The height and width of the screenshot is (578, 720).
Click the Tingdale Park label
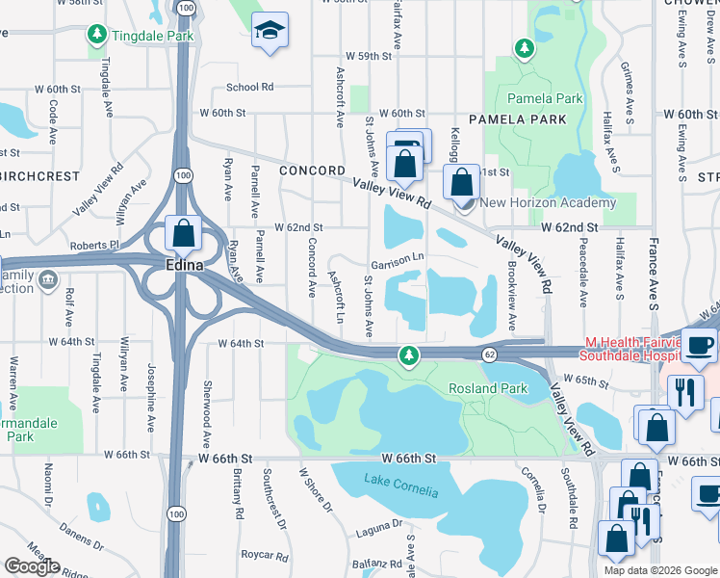154,37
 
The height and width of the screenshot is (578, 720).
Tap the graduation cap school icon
270,32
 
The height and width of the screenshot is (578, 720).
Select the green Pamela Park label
546,98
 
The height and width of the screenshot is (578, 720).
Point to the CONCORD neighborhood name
311,171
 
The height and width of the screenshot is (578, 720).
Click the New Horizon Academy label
548,202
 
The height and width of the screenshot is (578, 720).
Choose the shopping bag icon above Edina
183,234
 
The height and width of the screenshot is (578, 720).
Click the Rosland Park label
488,388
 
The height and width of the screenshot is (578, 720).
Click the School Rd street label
251,87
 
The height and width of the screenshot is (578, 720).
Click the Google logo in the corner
32,566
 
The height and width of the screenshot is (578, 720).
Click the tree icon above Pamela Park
524,47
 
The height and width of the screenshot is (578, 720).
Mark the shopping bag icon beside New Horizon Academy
463,181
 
